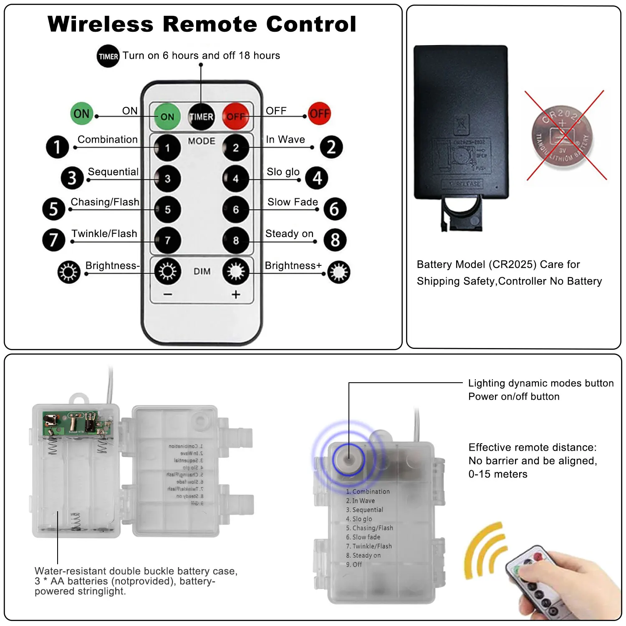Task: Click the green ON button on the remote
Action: pyautogui.click(x=167, y=116)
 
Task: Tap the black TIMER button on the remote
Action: pyautogui.click(x=201, y=116)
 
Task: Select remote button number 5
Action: pyautogui.click(x=167, y=210)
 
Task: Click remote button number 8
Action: pyautogui.click(x=236, y=240)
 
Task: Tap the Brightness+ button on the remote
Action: pyautogui.click(x=236, y=272)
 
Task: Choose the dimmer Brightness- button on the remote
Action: pyautogui.click(x=167, y=272)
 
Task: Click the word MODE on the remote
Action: pyautogui.click(x=202, y=141)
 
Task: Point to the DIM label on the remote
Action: pyautogui.click(x=202, y=272)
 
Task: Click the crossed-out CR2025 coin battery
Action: pyautogui.click(x=563, y=136)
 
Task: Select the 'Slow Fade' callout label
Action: pyautogui.click(x=293, y=202)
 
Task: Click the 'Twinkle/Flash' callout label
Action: pyautogui.click(x=104, y=234)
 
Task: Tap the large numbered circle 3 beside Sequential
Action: pyautogui.click(x=72, y=178)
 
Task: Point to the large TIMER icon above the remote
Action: pyautogui.click(x=108, y=56)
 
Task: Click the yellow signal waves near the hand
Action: pyautogui.click(x=486, y=551)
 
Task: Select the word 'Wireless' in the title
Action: pyautogui.click(x=101, y=24)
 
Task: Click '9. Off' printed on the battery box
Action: pyautogui.click(x=354, y=565)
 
